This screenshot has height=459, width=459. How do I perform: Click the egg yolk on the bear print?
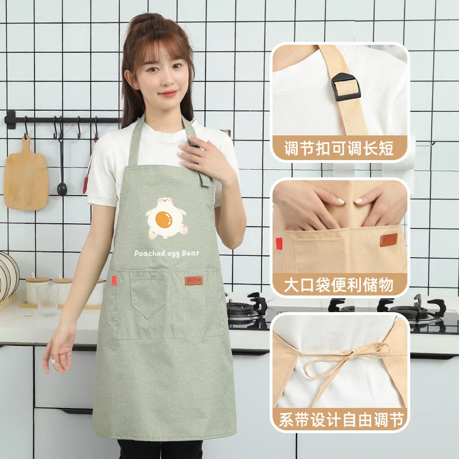pyautogui.click(x=164, y=219)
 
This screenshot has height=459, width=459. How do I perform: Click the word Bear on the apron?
pyautogui.click(x=190, y=253)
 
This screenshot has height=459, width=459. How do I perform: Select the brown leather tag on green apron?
pyautogui.click(x=194, y=281)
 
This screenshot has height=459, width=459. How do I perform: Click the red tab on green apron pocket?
pyautogui.click(x=114, y=280)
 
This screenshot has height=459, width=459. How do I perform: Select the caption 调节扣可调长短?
pyautogui.click(x=339, y=148)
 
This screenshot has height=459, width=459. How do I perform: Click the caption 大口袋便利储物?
pyautogui.click(x=339, y=285)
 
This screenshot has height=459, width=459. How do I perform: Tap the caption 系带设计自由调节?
pyautogui.click(x=341, y=419)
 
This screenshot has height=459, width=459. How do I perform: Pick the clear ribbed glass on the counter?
pyautogui.click(x=48, y=300)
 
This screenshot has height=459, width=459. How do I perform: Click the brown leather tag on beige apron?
pyautogui.click(x=389, y=240)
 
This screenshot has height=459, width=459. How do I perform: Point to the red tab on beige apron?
pyautogui.click(x=279, y=243)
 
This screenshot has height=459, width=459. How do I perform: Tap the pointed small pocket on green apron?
pyautogui.click(x=148, y=295)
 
